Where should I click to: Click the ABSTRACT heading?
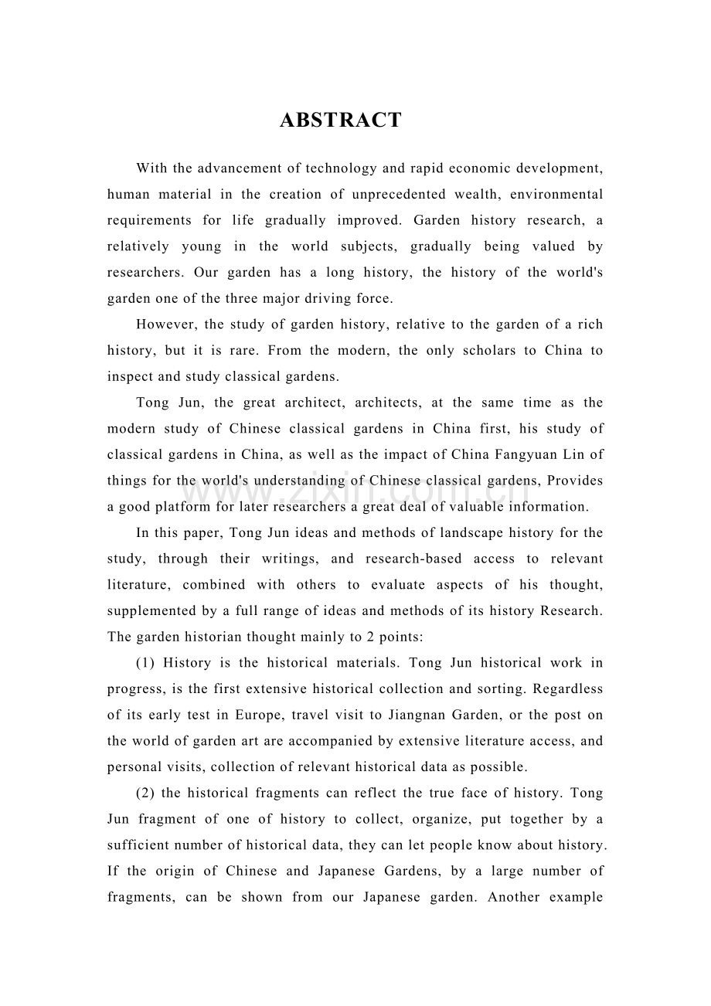(x=341, y=121)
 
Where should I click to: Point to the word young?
(x=201, y=246)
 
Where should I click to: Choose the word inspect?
(x=130, y=377)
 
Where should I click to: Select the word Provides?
(x=574, y=481)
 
